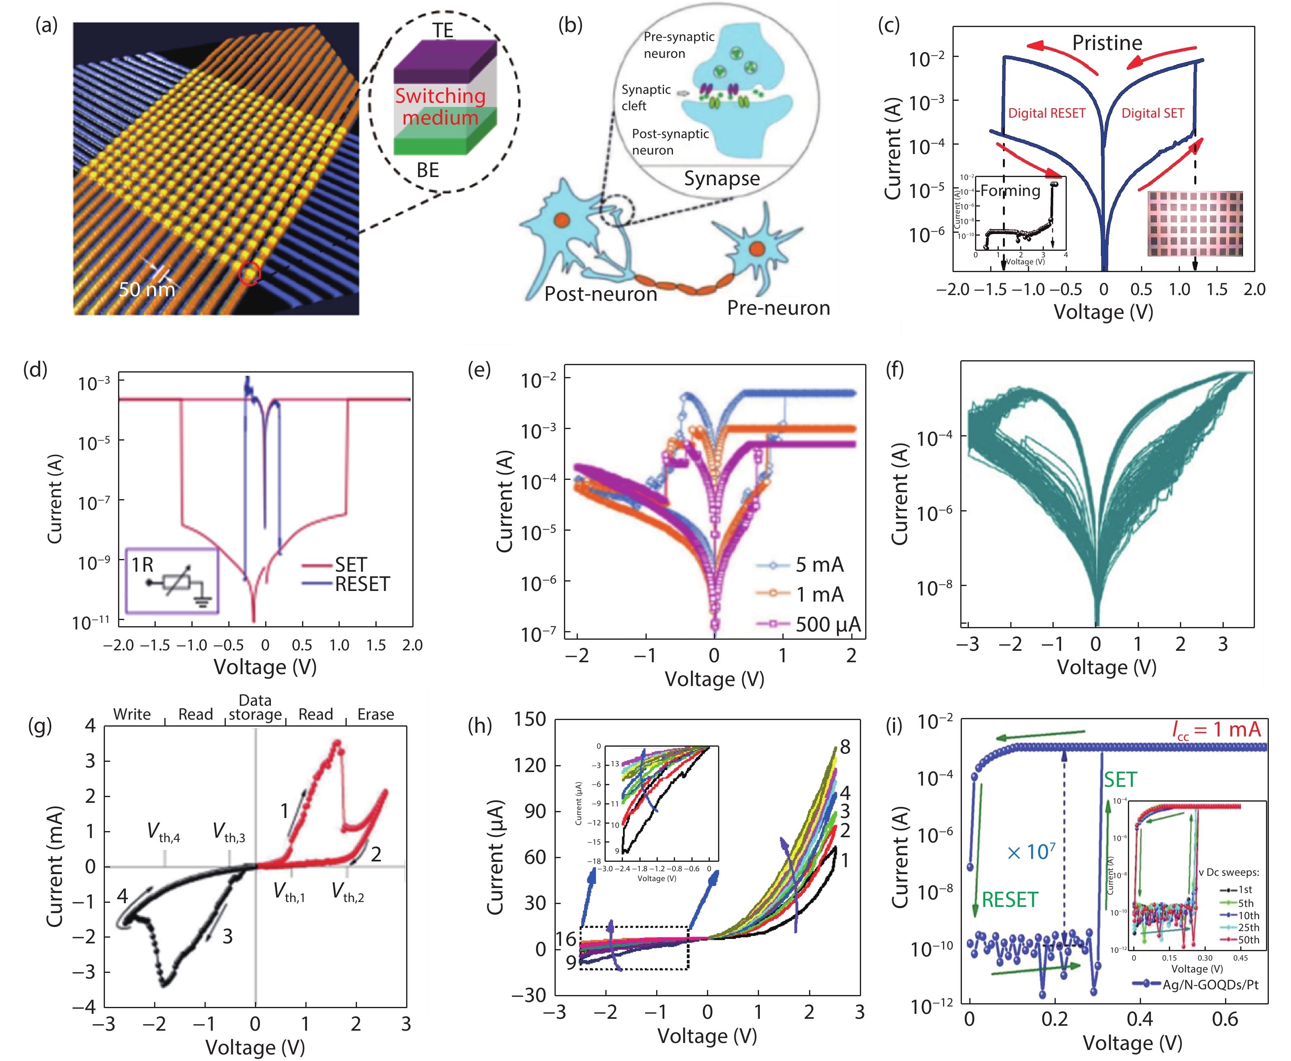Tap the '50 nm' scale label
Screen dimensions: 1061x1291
click(x=147, y=289)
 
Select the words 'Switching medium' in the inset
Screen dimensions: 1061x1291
click(x=440, y=106)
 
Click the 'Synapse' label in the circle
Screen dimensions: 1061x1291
click(x=722, y=178)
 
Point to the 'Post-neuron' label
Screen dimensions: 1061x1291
click(x=600, y=294)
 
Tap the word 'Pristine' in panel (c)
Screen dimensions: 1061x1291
click(x=1107, y=43)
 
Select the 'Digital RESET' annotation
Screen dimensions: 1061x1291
click(x=1046, y=113)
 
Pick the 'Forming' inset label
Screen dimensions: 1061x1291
click(x=1010, y=191)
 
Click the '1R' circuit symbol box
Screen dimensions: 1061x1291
click(x=172, y=581)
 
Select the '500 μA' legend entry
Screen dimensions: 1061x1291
click(x=827, y=624)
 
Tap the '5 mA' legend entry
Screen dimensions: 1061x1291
click(x=819, y=565)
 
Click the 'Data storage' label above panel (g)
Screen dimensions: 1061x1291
click(x=255, y=708)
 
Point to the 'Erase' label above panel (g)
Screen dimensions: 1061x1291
click(x=375, y=714)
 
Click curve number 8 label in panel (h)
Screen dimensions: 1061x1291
click(x=845, y=747)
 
